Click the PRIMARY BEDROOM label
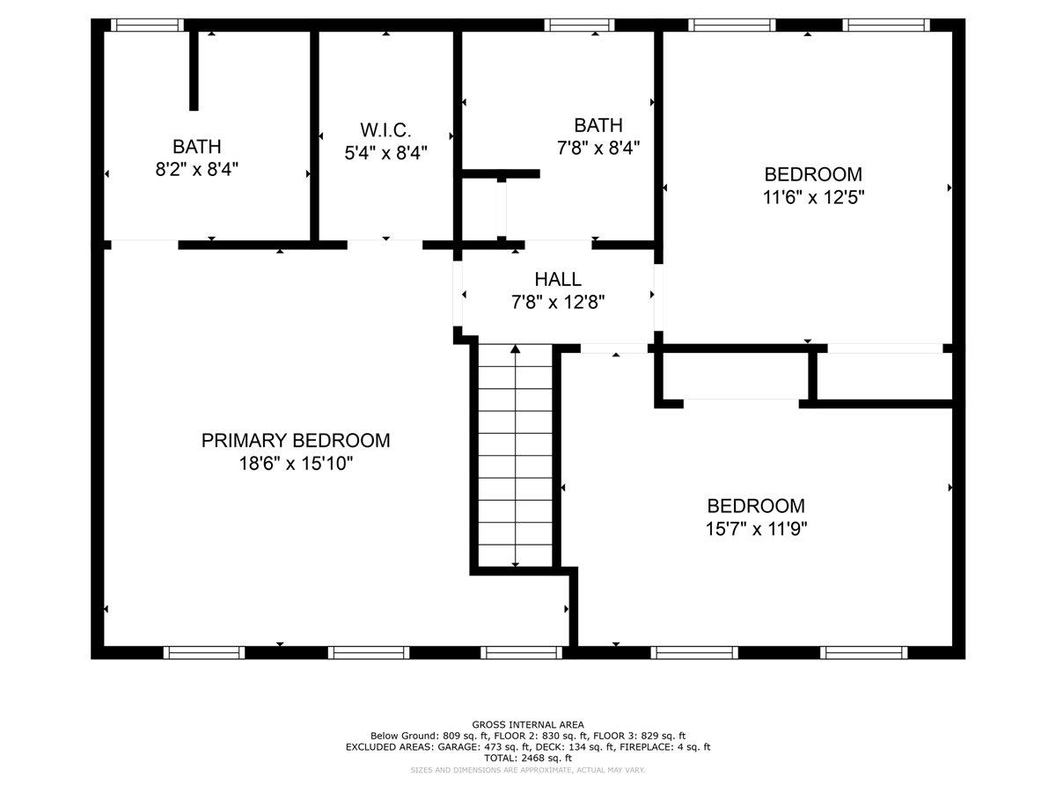click(295, 440)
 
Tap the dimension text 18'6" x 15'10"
click(295, 463)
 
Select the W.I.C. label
click(385, 128)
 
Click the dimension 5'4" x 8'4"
click(385, 152)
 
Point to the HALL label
click(558, 279)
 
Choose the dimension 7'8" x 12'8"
click(558, 303)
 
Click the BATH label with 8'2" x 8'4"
click(196, 146)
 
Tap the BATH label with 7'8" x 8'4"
click(598, 124)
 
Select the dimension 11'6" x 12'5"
click(813, 198)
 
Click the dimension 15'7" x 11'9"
click(757, 529)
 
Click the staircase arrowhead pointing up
click(516, 349)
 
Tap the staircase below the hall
click(516, 458)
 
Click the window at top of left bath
click(149, 25)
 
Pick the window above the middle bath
click(579, 25)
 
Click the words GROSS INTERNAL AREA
click(528, 724)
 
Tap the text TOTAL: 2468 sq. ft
click(528, 758)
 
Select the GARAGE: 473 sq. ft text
click(451, 747)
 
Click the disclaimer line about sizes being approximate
click(528, 770)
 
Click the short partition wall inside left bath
click(194, 70)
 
